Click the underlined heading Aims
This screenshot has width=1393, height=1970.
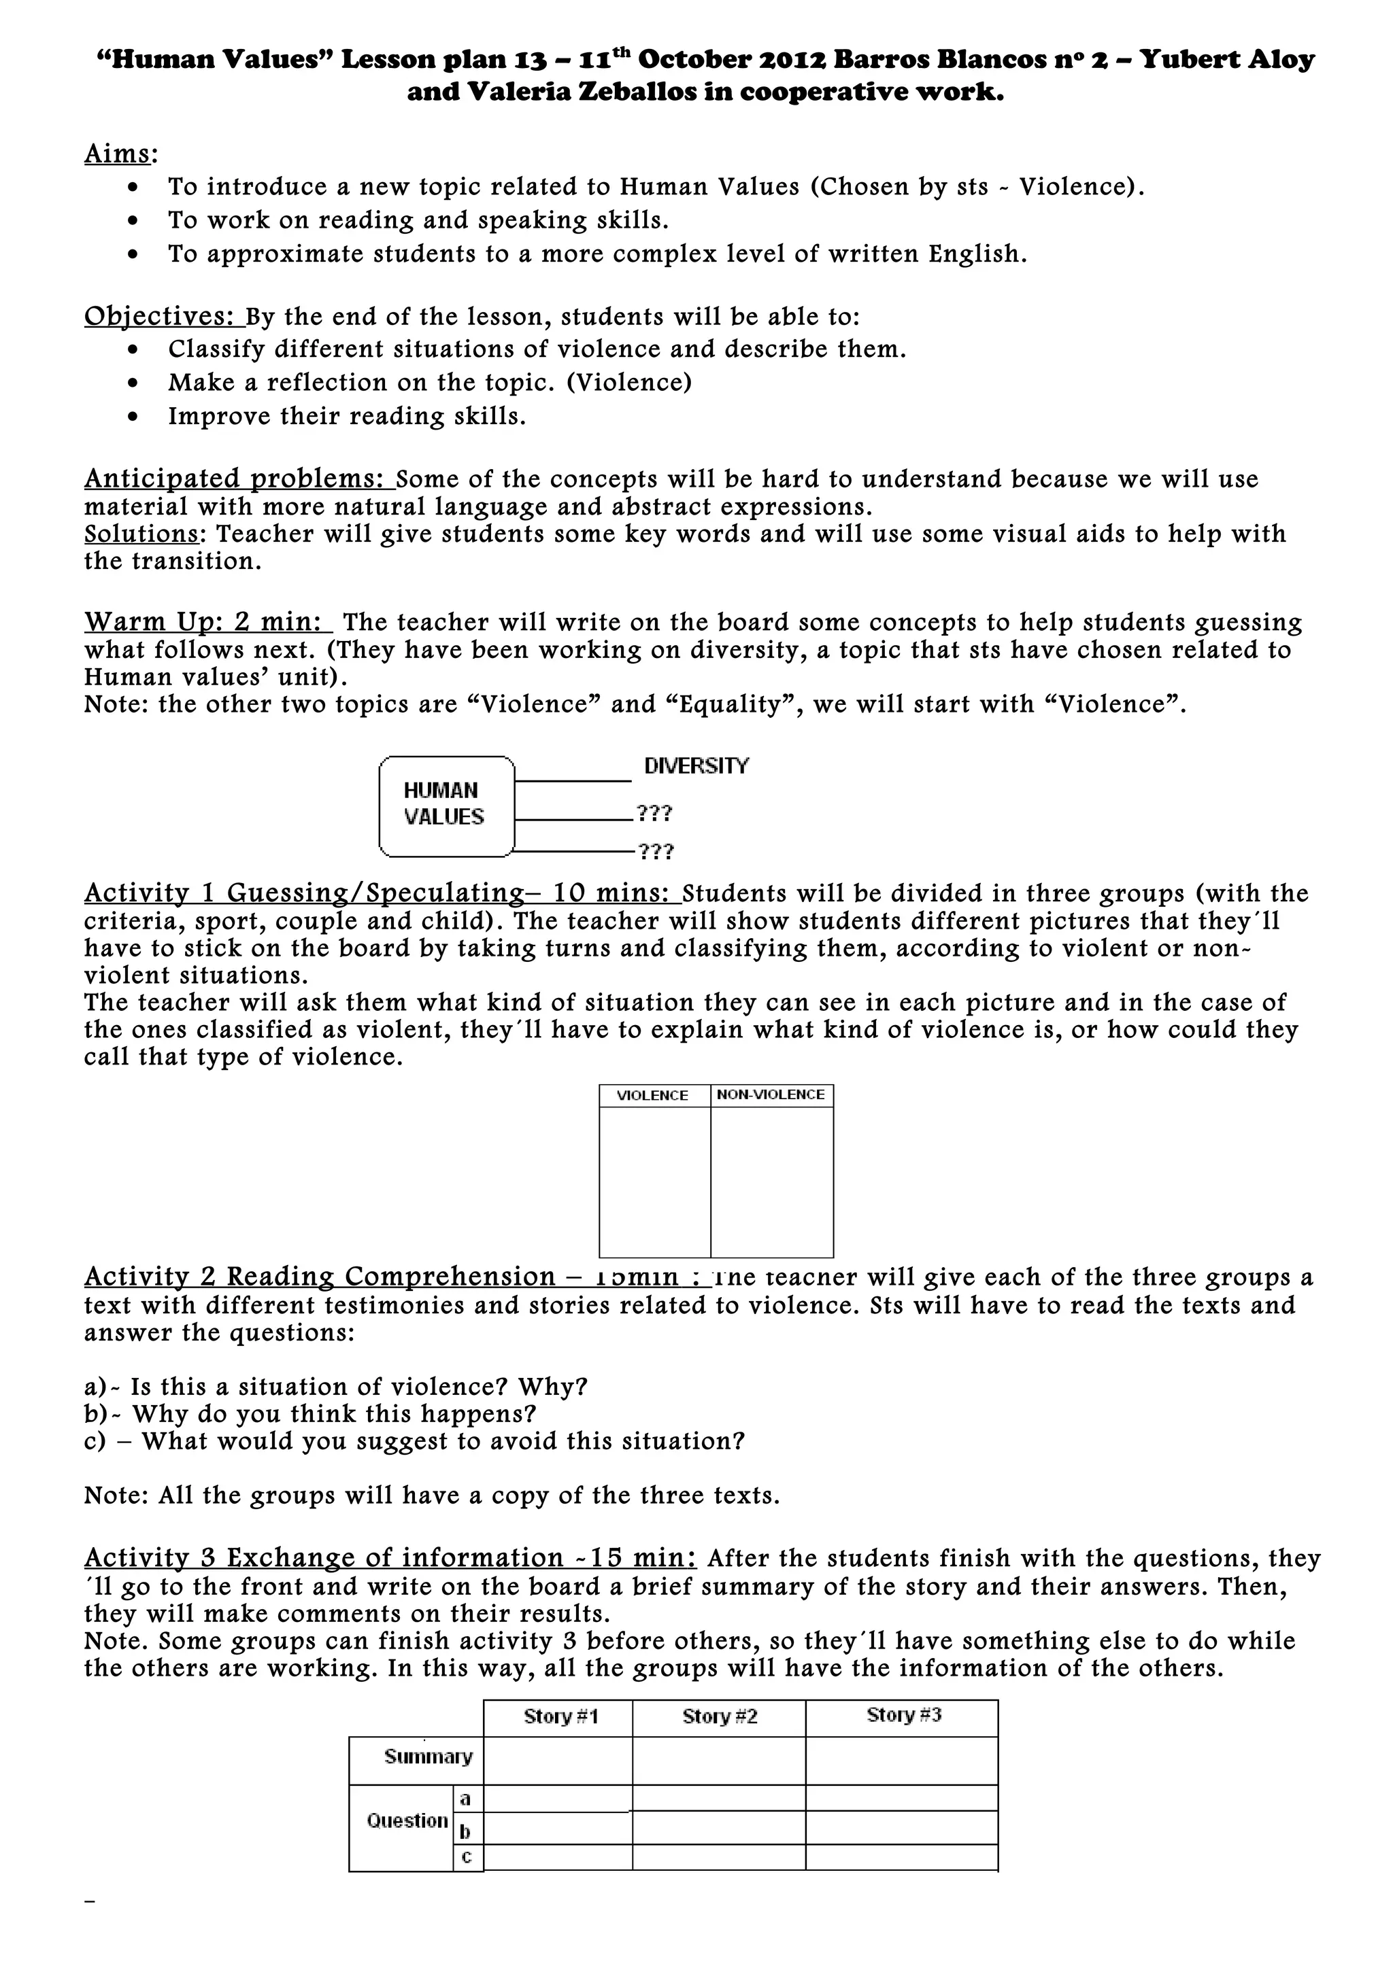coord(119,154)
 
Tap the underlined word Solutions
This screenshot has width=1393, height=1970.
coord(142,534)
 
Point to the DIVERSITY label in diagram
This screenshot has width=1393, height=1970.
coord(696,765)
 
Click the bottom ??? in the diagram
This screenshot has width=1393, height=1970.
coord(656,852)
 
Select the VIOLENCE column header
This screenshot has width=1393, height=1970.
coord(653,1096)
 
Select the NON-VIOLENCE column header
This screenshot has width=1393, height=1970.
coord(771,1095)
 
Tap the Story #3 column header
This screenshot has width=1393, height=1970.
coord(904,1715)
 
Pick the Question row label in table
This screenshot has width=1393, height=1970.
coord(407,1820)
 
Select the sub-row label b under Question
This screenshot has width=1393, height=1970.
coord(465,1831)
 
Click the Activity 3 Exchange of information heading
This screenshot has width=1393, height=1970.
coord(390,1557)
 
